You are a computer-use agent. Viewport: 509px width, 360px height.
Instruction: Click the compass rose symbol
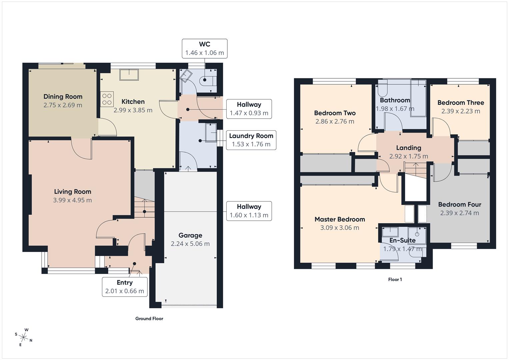coord(23,337)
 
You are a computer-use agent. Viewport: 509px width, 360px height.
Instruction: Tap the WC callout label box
coord(204,49)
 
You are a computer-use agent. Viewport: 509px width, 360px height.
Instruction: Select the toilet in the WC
coord(208,80)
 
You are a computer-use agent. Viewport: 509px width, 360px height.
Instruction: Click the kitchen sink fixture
coord(129,75)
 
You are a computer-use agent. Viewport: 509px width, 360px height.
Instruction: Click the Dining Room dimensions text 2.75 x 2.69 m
coord(63,105)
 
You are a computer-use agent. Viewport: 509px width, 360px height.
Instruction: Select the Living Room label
coord(72,192)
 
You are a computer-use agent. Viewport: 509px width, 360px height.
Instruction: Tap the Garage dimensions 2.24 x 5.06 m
coord(190,244)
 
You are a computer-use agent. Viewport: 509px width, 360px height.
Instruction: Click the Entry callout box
coord(125,287)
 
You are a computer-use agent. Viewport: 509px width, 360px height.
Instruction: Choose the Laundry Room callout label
coord(251,140)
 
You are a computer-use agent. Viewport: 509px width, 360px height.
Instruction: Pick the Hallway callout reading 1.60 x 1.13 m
coord(249,211)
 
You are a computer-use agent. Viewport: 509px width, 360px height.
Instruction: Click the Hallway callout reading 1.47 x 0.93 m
coord(249,109)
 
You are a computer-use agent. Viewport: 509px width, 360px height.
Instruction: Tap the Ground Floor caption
coord(149,319)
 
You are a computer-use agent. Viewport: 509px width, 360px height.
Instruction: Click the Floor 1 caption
coord(395,280)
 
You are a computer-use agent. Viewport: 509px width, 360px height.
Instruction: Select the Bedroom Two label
coord(335,113)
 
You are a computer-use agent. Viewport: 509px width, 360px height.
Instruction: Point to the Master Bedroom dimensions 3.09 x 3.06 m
coord(339,228)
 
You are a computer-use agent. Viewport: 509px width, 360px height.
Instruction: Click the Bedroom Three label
coord(460,103)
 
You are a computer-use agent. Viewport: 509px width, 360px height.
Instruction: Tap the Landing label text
coord(408,148)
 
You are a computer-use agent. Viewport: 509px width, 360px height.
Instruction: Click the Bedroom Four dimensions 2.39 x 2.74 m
coord(459,213)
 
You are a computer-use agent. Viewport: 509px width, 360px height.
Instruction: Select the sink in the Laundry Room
coord(211,133)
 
